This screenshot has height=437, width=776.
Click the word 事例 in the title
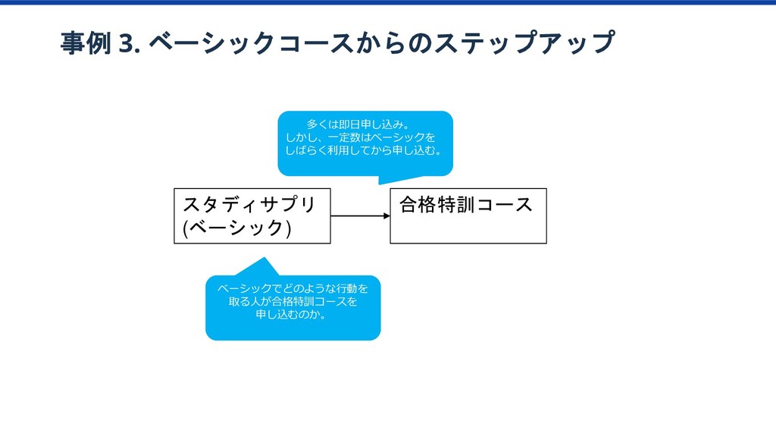(x=86, y=43)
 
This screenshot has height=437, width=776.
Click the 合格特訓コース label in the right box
(x=465, y=204)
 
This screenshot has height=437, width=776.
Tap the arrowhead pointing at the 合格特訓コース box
(x=386, y=216)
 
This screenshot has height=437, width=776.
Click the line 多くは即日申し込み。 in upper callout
(x=358, y=123)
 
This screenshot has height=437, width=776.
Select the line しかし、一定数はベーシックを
(x=361, y=137)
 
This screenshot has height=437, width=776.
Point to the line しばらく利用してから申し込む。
(x=365, y=151)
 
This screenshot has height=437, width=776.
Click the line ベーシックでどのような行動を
(x=293, y=288)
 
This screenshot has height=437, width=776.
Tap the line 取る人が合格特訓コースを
(x=293, y=301)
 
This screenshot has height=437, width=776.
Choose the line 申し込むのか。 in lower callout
(x=292, y=315)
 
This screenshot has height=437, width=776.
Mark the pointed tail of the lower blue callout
(x=262, y=260)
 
